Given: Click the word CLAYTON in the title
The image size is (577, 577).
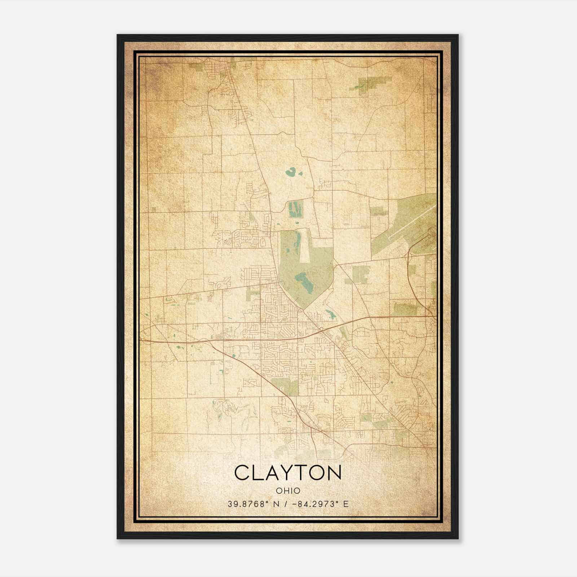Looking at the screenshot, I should click(x=288, y=472).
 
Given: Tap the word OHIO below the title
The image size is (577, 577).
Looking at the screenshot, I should click(x=288, y=491).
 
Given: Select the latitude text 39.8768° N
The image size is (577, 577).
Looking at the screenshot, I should click(x=251, y=504).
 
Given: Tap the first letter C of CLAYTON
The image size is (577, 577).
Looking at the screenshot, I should click(x=243, y=472).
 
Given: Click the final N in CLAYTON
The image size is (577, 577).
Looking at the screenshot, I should click(x=333, y=472).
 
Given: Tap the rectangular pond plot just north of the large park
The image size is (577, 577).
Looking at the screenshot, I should click(x=295, y=209).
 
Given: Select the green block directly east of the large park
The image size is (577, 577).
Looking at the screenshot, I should click(x=361, y=274).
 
